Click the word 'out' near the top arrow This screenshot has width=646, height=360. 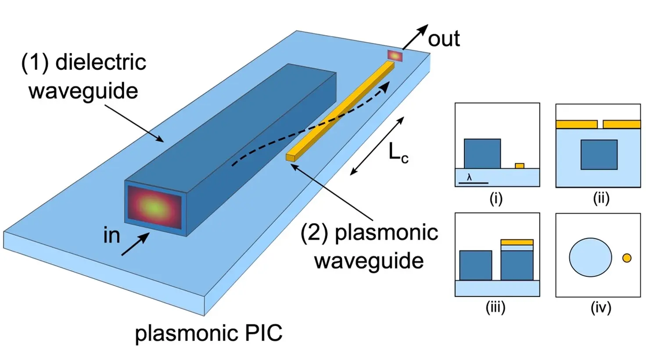pos(444,39)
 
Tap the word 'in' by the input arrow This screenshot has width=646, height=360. pos(112,235)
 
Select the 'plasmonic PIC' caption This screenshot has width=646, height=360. pos(208,333)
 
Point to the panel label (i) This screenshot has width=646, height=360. pos(496,199)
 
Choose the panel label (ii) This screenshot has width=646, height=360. pos(601,198)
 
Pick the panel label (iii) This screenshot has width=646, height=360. pos(495,307)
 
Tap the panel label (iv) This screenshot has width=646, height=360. pos(601,307)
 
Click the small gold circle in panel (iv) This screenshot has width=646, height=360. pos(627,258)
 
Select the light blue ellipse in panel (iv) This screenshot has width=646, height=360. pos(590,257)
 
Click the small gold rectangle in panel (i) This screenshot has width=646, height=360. pos(520,166)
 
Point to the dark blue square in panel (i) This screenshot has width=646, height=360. pos(482,154)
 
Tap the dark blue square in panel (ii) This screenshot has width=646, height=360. pos(599,155)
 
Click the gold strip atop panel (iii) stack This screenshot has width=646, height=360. pos(517,242)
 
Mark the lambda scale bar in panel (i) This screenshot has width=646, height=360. pos(473,182)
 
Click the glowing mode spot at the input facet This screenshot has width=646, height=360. pos(154,206)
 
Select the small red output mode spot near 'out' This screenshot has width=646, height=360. pos(395,56)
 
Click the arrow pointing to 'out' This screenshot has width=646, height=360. pos(415,37)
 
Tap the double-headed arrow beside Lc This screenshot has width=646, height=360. pos(377,146)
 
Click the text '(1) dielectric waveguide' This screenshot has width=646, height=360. pos(83,76)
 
